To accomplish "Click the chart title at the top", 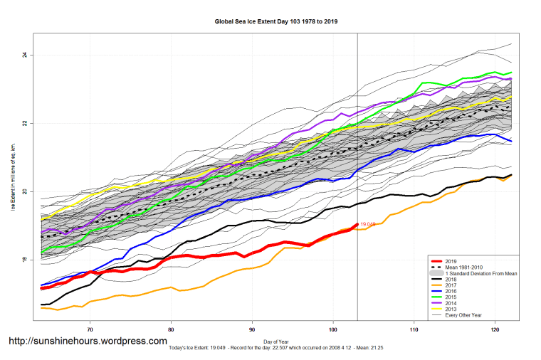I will (x=276, y=21).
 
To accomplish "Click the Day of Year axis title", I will (x=277, y=342).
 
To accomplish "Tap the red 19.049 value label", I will (x=368, y=224).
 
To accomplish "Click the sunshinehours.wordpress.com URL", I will (x=88, y=342).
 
